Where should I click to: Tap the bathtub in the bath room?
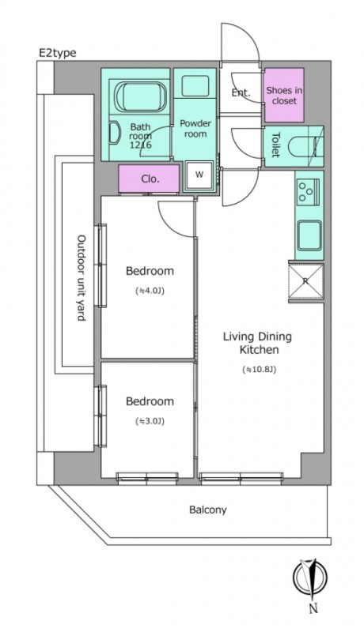point(140,97)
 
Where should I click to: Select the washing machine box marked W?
point(199,175)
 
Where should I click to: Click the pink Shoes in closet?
point(284,95)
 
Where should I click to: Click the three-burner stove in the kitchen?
point(309,191)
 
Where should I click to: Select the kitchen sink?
point(309,235)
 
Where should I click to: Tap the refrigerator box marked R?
point(306,282)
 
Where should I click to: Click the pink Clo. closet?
point(149,179)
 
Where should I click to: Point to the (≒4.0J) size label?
point(150,291)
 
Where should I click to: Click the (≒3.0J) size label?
point(150,422)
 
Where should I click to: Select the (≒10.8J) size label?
point(259,369)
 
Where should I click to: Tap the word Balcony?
point(208,510)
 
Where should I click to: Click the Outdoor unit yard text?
point(82,278)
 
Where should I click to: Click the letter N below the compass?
point(313,608)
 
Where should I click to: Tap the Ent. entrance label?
point(241,92)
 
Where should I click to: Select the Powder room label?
point(195,129)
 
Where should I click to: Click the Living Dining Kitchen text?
point(258,343)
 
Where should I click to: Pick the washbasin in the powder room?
point(195,86)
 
